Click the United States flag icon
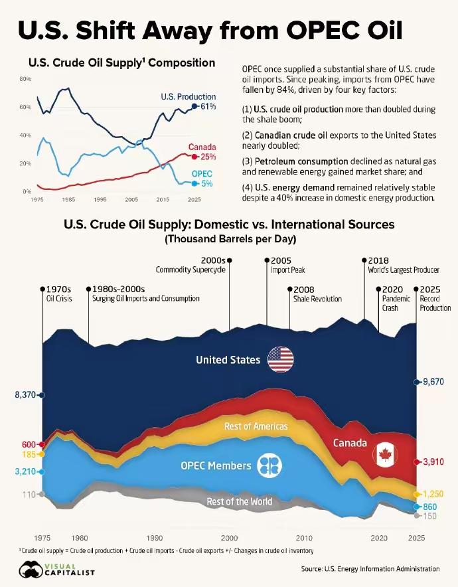point(280,359)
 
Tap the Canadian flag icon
point(385,455)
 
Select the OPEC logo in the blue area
point(269,465)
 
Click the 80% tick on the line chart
point(25,79)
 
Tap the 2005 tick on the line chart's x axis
point(131,199)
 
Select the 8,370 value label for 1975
point(25,394)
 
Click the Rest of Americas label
point(256,426)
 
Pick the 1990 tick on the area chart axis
point(155,538)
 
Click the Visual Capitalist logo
point(57,570)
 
